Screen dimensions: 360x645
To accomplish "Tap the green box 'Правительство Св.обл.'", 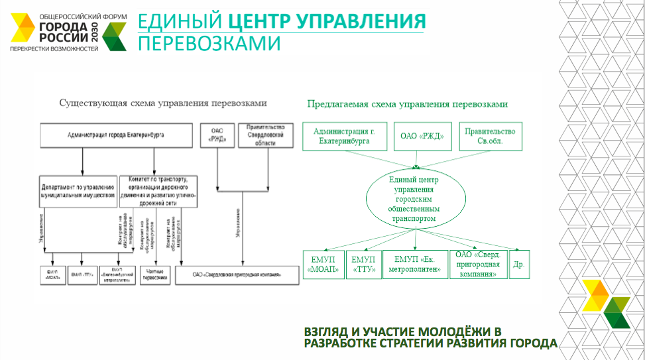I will pyautogui.click(x=491, y=136).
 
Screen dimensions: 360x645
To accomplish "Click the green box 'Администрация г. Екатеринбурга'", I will pyautogui.click(x=344, y=136).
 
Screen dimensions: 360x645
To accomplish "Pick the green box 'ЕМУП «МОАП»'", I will pyautogui.click(x=323, y=265).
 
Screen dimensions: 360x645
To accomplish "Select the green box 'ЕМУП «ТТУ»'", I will pyautogui.click(x=364, y=265).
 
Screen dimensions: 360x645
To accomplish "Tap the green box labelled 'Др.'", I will pyautogui.click(x=519, y=265).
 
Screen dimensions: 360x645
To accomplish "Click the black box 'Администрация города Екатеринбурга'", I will pyautogui.click(x=117, y=135).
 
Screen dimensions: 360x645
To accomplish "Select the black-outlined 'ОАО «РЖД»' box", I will pyautogui.click(x=217, y=135).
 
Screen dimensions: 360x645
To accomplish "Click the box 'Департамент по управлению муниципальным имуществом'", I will pyautogui.click(x=79, y=191).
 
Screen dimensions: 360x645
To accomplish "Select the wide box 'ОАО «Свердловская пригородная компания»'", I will pyautogui.click(x=237, y=274).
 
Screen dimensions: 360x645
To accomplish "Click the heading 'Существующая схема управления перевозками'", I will pyautogui.click(x=162, y=104).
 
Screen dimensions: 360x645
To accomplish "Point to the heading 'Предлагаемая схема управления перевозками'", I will pyautogui.click(x=407, y=104).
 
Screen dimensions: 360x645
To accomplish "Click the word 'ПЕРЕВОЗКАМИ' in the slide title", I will pyautogui.click(x=209, y=44).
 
